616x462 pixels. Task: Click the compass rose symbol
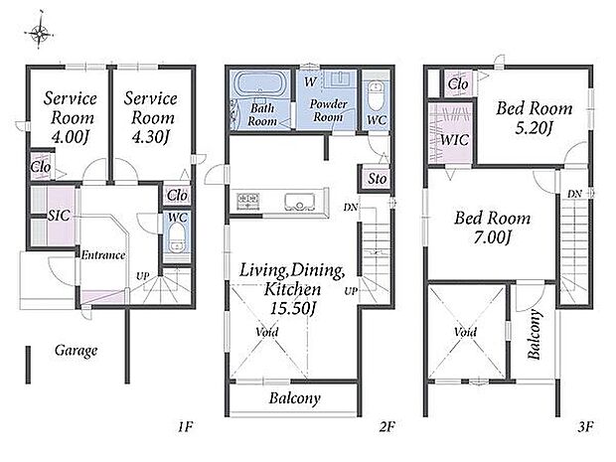pyautogui.click(x=39, y=32)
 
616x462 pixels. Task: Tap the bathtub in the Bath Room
pyautogui.click(x=259, y=84)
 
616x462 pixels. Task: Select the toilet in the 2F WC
pyautogui.click(x=377, y=95)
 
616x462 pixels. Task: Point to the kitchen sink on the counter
pyautogui.click(x=299, y=202)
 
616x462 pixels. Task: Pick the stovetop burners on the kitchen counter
pyautogui.click(x=248, y=201)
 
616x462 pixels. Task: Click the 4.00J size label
pyautogui.click(x=71, y=137)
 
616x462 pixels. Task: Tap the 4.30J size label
pyautogui.click(x=151, y=137)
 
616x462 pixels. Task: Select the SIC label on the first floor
pyautogui.click(x=59, y=215)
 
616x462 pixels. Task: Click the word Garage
pyautogui.click(x=76, y=351)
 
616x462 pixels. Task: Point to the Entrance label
pyautogui.click(x=103, y=255)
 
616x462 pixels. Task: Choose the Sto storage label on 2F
pyautogui.click(x=378, y=179)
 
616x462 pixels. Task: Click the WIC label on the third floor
pyautogui.click(x=454, y=139)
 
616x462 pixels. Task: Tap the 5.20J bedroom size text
pyautogui.click(x=535, y=128)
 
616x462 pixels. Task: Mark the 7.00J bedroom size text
pyautogui.click(x=492, y=237)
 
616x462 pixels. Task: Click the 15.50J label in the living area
pyautogui.click(x=293, y=308)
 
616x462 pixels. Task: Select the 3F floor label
pyautogui.click(x=585, y=426)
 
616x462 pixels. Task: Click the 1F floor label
pyautogui.click(x=185, y=426)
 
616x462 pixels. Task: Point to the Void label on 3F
pyautogui.click(x=466, y=333)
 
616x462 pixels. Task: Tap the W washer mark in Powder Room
pyautogui.click(x=310, y=81)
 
